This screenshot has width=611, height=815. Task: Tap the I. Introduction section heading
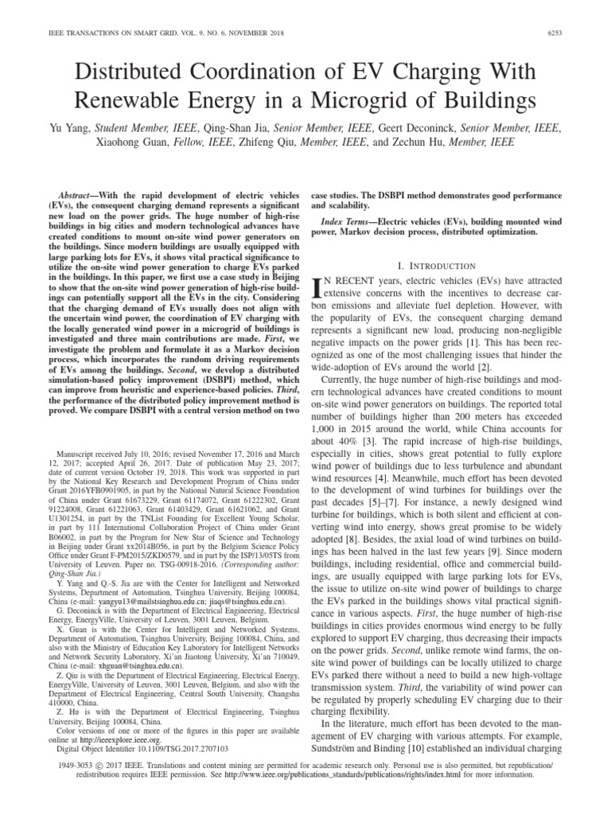(x=441, y=265)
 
